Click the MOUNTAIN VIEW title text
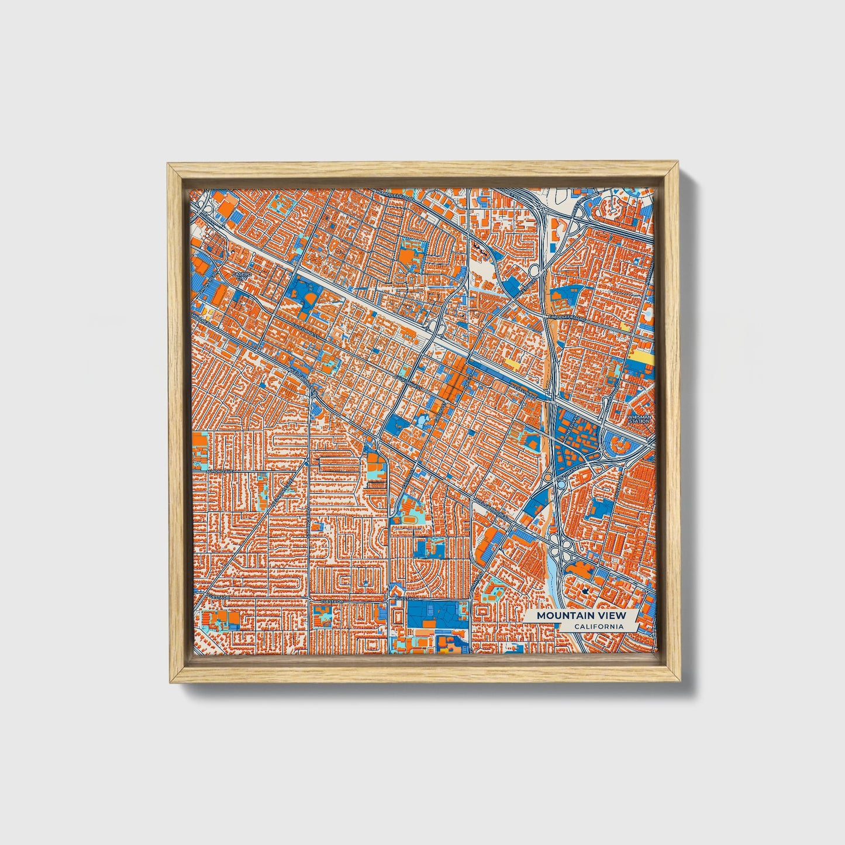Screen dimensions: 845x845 pos(581,615)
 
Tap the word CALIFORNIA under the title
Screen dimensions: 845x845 pos(597,627)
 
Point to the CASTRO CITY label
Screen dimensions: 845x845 pos(241,275)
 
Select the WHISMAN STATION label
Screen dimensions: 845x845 pos(639,419)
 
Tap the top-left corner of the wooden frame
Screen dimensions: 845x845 pos(169,165)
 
